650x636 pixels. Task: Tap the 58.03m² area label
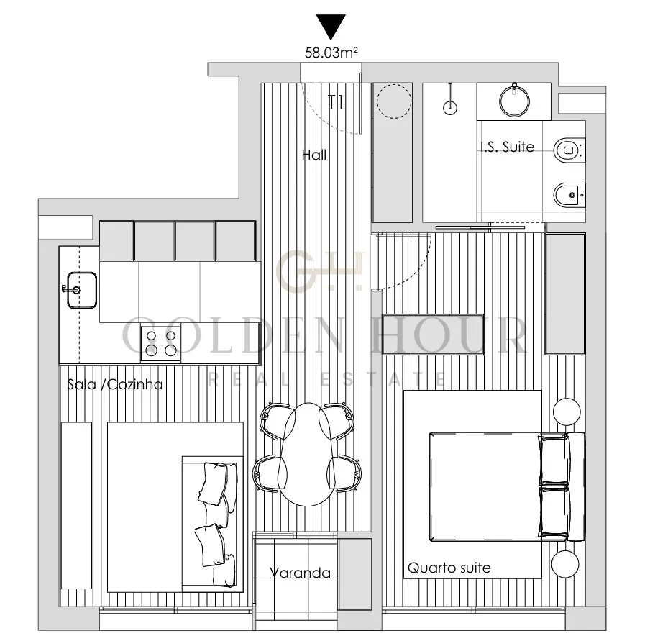pos(331,53)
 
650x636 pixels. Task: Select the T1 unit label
pos(335,102)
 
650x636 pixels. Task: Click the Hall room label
pos(313,155)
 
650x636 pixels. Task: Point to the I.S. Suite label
pos(508,147)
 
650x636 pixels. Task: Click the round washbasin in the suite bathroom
pos(514,101)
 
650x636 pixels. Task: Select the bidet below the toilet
pos(569,194)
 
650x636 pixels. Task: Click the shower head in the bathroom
pos(450,107)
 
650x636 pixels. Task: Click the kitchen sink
pos(82,290)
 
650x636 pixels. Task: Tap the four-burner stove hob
pos(161,343)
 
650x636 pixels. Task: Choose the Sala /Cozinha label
pos(115,384)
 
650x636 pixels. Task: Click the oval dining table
pos(307,454)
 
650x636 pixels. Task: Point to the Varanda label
pos(300,573)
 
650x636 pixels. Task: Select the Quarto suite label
pos(449,568)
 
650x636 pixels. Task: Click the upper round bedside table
pos(567,412)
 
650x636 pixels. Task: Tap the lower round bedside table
pos(565,564)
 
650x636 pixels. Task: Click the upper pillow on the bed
pos(553,459)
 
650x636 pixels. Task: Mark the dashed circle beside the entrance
pos(394,101)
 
